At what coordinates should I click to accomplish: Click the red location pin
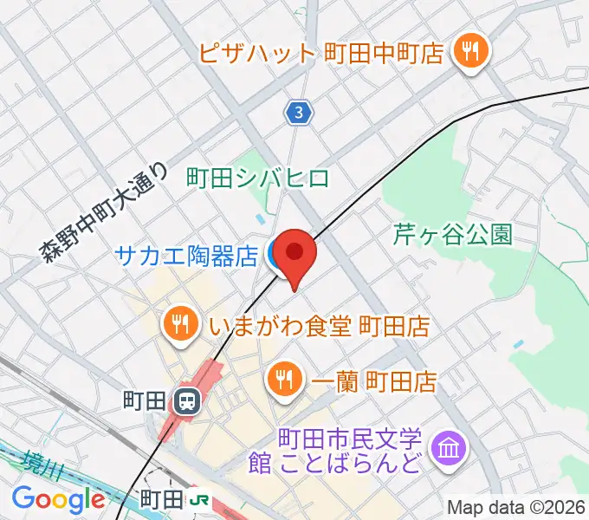295,253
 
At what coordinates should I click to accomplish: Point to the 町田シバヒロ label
259,179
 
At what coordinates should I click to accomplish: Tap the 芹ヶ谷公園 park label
453,234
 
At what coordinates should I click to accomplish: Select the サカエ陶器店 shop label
186,256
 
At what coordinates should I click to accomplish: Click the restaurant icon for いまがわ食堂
179,325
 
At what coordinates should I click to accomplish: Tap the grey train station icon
184,400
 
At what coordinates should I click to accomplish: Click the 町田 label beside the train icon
145,400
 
